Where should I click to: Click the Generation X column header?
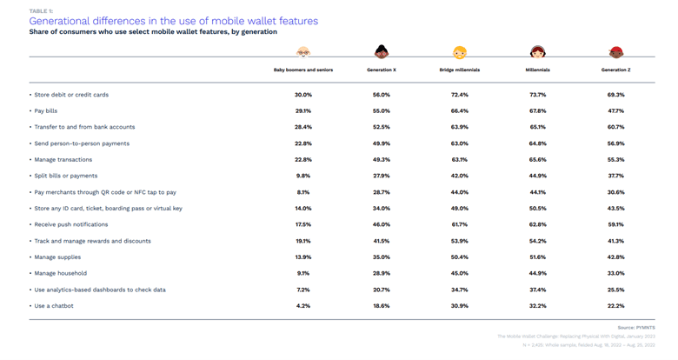(381, 70)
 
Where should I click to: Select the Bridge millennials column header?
(459, 70)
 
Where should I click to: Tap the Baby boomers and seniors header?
(302, 70)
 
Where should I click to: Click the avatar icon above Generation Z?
(615, 53)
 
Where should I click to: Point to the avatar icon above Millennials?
(537, 53)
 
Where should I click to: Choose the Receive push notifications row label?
(71, 225)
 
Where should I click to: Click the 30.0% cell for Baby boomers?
(302, 95)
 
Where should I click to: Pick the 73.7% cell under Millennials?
(537, 95)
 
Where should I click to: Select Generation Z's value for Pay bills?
(615, 111)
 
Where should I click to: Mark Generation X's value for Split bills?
(381, 177)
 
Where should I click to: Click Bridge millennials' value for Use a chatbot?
(459, 306)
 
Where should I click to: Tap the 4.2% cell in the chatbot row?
(302, 306)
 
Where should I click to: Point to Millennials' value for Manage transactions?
(537, 160)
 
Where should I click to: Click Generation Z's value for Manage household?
(615, 274)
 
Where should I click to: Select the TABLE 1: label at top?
(41, 10)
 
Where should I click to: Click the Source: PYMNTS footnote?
(636, 327)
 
